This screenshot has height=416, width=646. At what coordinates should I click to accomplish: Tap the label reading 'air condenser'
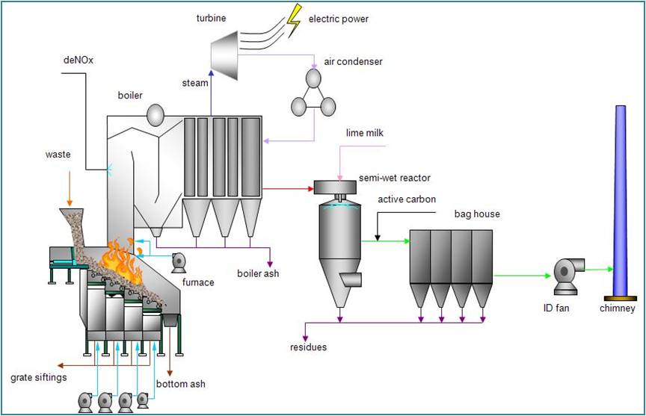coord(353,61)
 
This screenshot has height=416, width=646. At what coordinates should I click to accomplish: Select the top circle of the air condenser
coord(313,78)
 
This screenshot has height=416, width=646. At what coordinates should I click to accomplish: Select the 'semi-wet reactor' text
coord(395,178)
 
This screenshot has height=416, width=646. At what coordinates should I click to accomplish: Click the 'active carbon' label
coord(407,199)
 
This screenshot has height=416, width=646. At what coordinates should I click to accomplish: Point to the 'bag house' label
coord(477,214)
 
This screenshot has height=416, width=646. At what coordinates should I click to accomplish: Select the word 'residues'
coord(309,347)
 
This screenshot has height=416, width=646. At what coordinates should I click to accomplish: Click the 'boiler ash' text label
coord(258,273)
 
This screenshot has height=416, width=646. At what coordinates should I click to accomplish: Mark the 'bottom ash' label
coord(181,384)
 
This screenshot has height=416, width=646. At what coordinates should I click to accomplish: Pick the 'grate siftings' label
coord(39,377)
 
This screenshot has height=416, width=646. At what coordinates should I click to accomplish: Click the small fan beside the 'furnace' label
coord(179,261)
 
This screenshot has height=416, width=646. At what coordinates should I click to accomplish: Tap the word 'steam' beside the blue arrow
coord(195,83)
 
